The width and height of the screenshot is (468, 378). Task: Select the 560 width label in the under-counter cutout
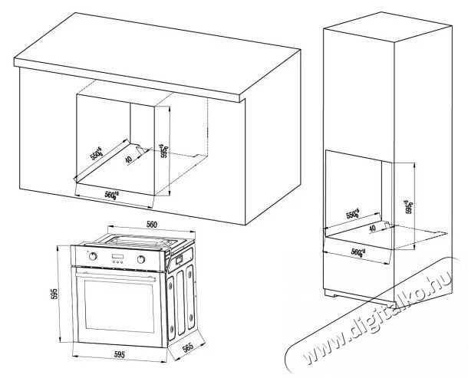[114, 194]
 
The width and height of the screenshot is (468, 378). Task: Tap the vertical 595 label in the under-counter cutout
[163, 148]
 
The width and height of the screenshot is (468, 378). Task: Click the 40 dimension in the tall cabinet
[373, 227]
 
